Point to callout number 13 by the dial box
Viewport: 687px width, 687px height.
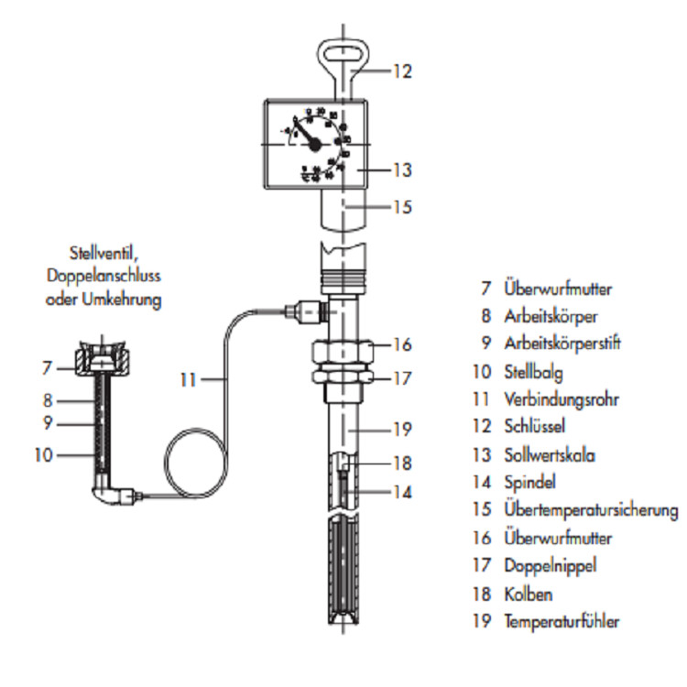pos(401,170)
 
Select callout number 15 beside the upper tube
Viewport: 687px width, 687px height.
pos(401,207)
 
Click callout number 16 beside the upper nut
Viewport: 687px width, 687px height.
pos(401,345)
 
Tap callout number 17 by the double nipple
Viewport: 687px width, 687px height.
pos(401,376)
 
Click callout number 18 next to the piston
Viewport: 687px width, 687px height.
pos(401,464)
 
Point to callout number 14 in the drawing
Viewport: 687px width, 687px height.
pos(401,492)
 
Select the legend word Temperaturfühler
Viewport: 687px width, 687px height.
pos(562,621)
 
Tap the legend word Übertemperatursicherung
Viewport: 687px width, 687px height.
pos(591,510)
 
